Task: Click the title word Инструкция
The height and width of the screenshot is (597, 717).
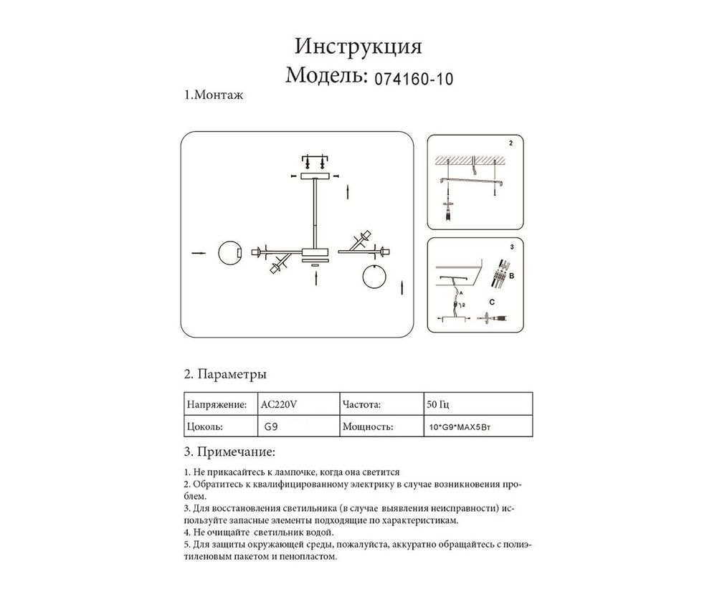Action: click(x=358, y=47)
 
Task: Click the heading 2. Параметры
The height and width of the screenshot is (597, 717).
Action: click(x=226, y=375)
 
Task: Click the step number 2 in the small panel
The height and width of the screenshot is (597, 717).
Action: click(x=511, y=143)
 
